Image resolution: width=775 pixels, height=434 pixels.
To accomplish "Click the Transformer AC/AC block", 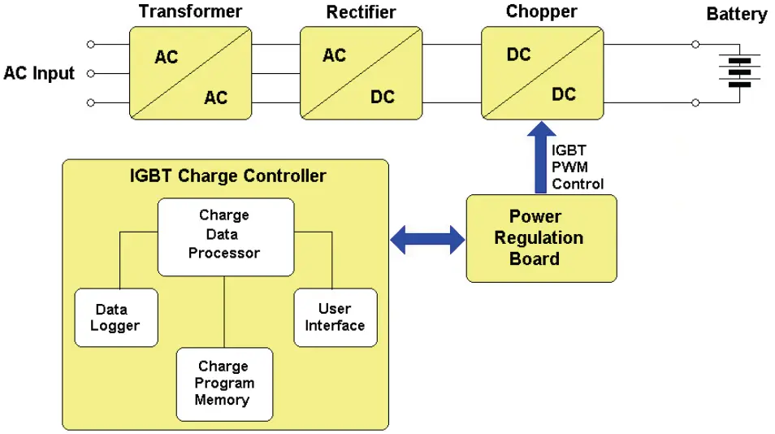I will coord(190,74).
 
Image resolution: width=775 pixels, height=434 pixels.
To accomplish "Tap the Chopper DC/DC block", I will coord(541,74).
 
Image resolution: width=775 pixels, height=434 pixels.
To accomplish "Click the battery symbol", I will coord(738,72).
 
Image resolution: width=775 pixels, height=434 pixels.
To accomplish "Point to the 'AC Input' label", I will coord(39,73).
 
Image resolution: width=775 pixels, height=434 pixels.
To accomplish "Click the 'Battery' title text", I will coord(736,14).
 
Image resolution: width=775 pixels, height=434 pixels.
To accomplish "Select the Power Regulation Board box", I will coord(540,238).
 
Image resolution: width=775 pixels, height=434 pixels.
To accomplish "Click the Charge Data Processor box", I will coord(224,235).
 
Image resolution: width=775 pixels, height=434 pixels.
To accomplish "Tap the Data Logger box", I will coord(117,318).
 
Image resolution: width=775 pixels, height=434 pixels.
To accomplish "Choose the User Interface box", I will coord(335,317).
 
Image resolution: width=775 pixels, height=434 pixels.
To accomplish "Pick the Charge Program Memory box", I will coord(224,384).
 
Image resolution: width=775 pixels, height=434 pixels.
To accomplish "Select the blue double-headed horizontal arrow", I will coord(428,239).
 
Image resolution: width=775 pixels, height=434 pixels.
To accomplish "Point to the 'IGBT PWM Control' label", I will coord(578,167).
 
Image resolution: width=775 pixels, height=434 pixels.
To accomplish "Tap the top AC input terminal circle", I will coord(91,44).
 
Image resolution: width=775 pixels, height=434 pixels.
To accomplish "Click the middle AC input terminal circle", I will coord(91,73).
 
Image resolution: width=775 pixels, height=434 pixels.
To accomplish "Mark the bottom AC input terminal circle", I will coord(91,102).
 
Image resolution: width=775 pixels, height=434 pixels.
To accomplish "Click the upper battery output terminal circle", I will coord(695,44).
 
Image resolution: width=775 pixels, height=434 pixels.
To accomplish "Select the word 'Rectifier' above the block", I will coord(361,12).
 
